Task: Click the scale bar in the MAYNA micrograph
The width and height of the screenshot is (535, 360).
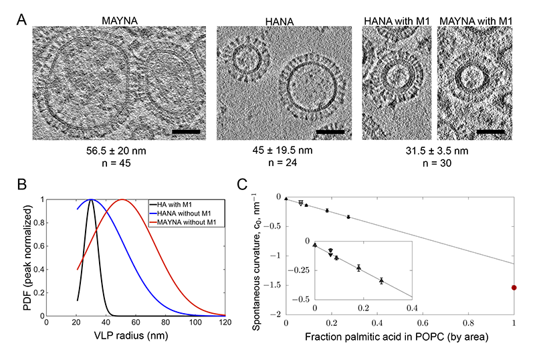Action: (185, 130)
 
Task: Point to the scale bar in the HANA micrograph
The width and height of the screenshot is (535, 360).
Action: (329, 130)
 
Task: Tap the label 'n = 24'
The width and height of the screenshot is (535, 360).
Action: (284, 163)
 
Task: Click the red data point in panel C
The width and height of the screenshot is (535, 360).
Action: (514, 288)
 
